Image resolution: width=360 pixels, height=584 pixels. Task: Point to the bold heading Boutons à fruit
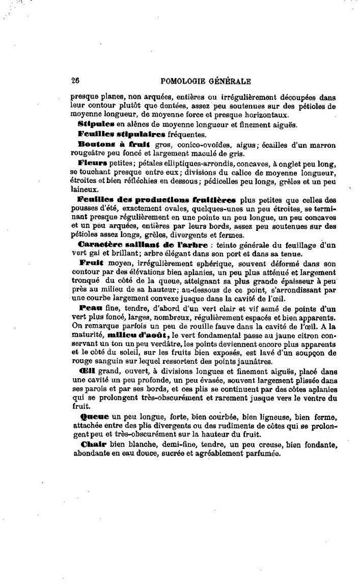(x=104, y=145)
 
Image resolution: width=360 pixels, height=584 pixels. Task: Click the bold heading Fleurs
(x=92, y=163)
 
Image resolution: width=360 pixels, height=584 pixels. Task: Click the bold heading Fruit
(x=91, y=262)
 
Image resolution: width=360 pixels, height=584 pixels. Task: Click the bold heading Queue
(x=91, y=416)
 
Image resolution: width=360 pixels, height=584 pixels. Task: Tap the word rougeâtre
(x=88, y=154)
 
